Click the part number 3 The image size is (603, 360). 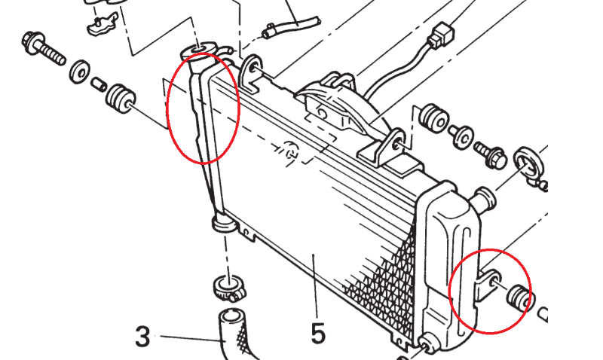142,336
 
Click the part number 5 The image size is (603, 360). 318,333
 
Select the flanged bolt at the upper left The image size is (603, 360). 44,49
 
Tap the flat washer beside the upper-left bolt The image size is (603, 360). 80,71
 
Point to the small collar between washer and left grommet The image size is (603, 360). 99,84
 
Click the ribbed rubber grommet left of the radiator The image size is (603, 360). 121,99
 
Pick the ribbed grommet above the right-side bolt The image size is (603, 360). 433,116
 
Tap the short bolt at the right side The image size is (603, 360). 491,155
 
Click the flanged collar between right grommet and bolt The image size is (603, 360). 461,137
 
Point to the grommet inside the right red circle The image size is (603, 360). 519,297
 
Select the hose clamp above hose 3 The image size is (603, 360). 230,288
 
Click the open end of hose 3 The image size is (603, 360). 231,318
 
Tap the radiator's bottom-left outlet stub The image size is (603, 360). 224,223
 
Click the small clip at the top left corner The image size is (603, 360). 103,24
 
